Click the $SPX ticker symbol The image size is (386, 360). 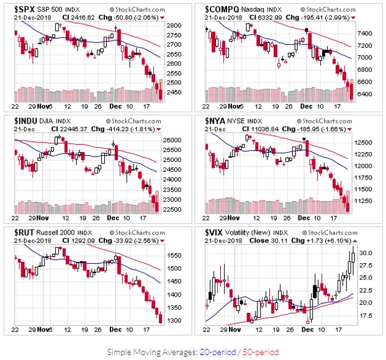[25, 10]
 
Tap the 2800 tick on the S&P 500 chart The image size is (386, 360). [175, 25]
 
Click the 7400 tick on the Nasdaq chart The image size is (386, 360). [365, 33]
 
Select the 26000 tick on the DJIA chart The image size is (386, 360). [176, 140]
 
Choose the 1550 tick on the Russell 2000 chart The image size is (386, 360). [174, 255]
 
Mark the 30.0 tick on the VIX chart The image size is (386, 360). [365, 253]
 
